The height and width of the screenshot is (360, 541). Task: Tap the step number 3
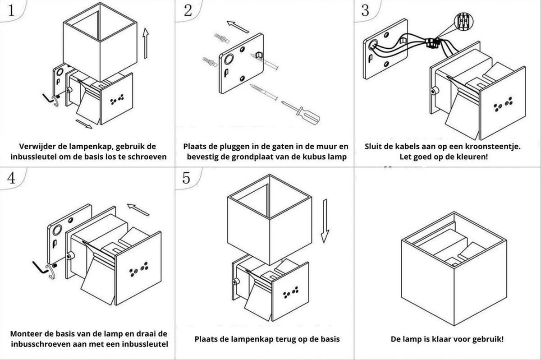[x=365, y=11]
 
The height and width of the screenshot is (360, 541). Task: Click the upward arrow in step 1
[x=145, y=43]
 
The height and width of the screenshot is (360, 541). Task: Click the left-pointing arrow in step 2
[x=238, y=27]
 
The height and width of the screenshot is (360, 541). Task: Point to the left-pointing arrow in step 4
[x=138, y=209]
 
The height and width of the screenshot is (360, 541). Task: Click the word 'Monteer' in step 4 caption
[x=28, y=334]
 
